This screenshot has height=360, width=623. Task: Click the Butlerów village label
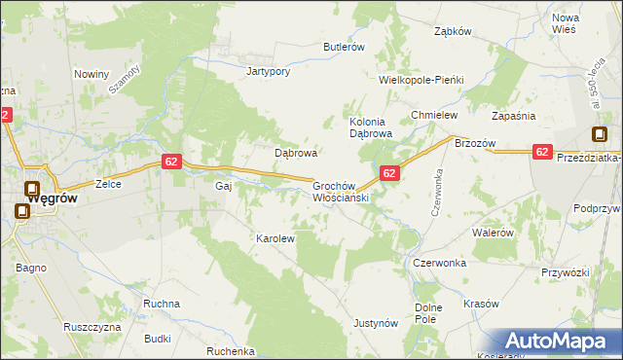click(344, 47)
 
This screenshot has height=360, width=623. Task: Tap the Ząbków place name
click(452, 30)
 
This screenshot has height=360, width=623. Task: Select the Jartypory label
click(270, 71)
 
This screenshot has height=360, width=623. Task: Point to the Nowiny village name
click(92, 74)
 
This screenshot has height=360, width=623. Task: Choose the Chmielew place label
click(434, 115)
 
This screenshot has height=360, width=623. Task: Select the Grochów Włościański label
click(339, 191)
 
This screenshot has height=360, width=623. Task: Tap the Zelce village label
click(106, 183)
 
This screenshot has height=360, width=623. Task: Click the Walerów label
click(493, 234)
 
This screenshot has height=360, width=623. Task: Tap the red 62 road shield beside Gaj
click(170, 162)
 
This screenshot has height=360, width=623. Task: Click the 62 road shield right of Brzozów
click(543, 152)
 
